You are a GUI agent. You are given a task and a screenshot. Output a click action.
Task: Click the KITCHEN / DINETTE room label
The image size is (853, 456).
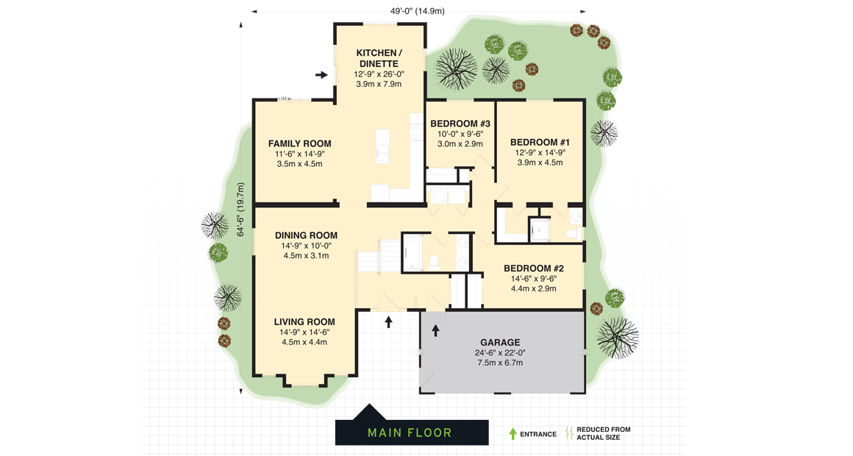[x=379, y=58]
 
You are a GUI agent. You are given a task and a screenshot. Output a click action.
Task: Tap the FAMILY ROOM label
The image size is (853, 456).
[x=299, y=143]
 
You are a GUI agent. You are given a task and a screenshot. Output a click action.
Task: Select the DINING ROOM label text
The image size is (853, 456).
[x=306, y=235]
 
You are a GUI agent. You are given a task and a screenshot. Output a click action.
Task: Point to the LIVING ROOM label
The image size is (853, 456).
[x=304, y=321]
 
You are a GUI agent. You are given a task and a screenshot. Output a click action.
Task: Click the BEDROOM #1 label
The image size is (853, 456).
[x=540, y=142]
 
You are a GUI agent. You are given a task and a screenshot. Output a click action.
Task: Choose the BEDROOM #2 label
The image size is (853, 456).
[x=533, y=268]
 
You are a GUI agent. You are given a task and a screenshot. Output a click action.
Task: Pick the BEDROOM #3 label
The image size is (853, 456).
[x=460, y=124]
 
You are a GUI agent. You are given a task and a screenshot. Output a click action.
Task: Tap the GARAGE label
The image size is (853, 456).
[x=500, y=342]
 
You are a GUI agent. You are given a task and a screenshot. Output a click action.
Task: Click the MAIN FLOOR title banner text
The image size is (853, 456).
[x=410, y=432]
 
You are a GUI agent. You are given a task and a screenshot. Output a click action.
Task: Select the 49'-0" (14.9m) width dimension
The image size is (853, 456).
[x=417, y=11]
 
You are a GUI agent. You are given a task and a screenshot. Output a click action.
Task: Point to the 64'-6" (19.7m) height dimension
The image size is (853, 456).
[x=240, y=210]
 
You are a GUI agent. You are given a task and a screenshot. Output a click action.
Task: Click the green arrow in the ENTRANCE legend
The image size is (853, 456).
[x=513, y=434]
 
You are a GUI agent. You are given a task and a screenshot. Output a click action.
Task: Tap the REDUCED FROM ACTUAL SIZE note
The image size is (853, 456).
[x=603, y=434]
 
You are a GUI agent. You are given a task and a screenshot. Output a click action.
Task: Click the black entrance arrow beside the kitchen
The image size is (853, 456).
[x=321, y=74]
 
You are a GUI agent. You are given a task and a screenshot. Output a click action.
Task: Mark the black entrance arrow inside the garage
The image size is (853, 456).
[x=435, y=330]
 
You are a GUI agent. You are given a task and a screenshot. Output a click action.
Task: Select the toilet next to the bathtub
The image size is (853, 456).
[x=434, y=260]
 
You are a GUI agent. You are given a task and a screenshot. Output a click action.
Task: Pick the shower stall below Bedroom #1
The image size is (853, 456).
[x=540, y=229]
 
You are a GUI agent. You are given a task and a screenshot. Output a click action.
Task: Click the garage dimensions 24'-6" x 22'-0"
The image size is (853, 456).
[x=500, y=352]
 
